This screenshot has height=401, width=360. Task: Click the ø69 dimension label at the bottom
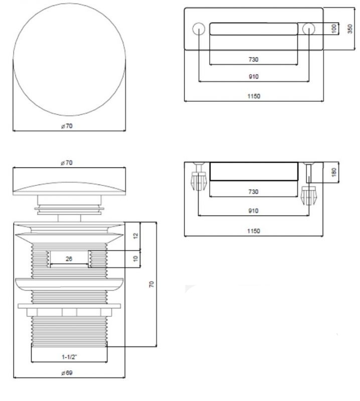(68, 372)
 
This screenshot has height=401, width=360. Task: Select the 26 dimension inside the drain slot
(69, 259)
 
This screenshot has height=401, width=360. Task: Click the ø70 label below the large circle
(67, 126)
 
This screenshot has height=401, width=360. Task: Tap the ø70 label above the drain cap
(68, 163)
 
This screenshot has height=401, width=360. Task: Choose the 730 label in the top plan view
(253, 60)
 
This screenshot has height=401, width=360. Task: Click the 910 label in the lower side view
(253, 211)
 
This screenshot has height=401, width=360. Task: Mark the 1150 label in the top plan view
(253, 96)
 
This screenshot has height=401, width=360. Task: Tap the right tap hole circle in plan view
(308, 29)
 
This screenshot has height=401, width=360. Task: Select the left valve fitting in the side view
(198, 180)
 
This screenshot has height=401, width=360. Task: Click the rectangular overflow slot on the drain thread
(69, 259)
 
